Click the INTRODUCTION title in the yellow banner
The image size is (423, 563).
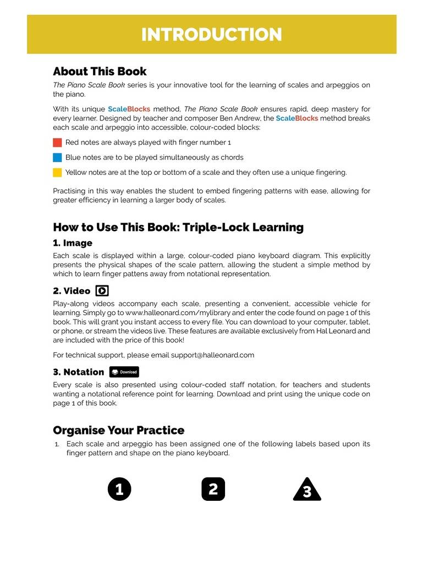pos(211,35)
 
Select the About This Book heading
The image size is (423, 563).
pos(100,71)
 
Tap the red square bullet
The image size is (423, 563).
pos(57,142)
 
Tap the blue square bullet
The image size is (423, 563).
pos(57,157)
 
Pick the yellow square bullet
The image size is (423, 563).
pos(57,172)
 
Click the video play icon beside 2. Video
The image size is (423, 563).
pos(102,291)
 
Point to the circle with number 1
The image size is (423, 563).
pos(119,489)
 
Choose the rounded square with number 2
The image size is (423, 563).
pos(213,489)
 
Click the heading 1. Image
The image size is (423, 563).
pos(73,243)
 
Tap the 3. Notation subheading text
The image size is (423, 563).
pos(78,372)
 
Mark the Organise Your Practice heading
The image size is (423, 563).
pos(118,430)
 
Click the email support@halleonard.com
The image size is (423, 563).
pos(212,355)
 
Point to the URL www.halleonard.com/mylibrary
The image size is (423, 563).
pos(167,312)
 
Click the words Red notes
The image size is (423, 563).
pos(81,142)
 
